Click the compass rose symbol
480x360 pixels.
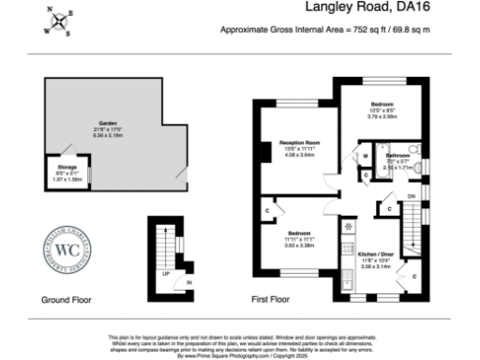tap(60, 22)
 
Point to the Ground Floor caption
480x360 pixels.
tap(65, 301)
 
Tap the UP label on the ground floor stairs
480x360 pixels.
tap(166, 274)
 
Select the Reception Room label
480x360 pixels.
tap(293, 142)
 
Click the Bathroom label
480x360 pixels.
tap(399, 155)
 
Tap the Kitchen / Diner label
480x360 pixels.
tap(376, 253)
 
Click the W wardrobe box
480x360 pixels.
tap(365, 156)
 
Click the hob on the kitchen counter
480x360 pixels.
tap(348, 228)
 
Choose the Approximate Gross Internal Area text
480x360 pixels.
tap(324, 30)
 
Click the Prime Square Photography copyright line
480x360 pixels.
tap(239, 355)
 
